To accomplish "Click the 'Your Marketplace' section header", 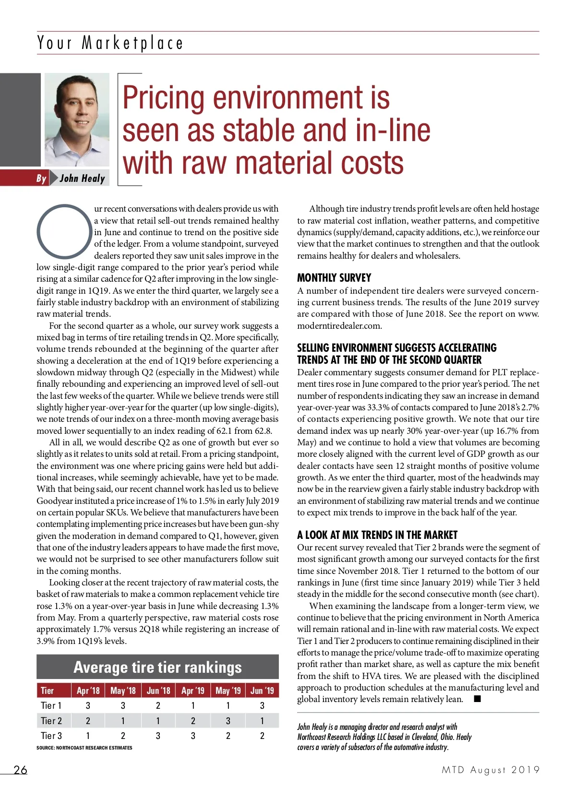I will coord(110,43).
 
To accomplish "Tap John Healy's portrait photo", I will coord(77,119).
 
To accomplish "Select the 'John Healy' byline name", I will coord(82,179).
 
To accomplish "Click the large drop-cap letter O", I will coord(64,231).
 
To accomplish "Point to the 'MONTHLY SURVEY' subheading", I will coord(334,278).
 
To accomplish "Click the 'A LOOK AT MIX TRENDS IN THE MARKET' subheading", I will coord(377,535).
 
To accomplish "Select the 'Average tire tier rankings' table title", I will coord(157,667).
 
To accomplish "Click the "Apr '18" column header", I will coord(88,691).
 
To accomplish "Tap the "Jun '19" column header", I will coord(262,691).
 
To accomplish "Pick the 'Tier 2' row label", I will coord(51,721).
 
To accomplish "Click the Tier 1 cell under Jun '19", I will coord(262,705).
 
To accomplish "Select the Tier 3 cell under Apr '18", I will coord(88,736).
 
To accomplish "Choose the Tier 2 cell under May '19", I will coord(228,721).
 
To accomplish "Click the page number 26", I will coord(21,770).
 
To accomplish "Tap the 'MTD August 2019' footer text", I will coord(491,770).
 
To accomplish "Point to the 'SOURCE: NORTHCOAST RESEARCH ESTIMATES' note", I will coord(84,748).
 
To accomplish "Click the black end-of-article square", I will coord(477,699).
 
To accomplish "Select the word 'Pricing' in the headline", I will coord(165,97).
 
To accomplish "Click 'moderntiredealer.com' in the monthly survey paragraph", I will coord(339,326).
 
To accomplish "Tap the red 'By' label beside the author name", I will coord(41,179).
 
